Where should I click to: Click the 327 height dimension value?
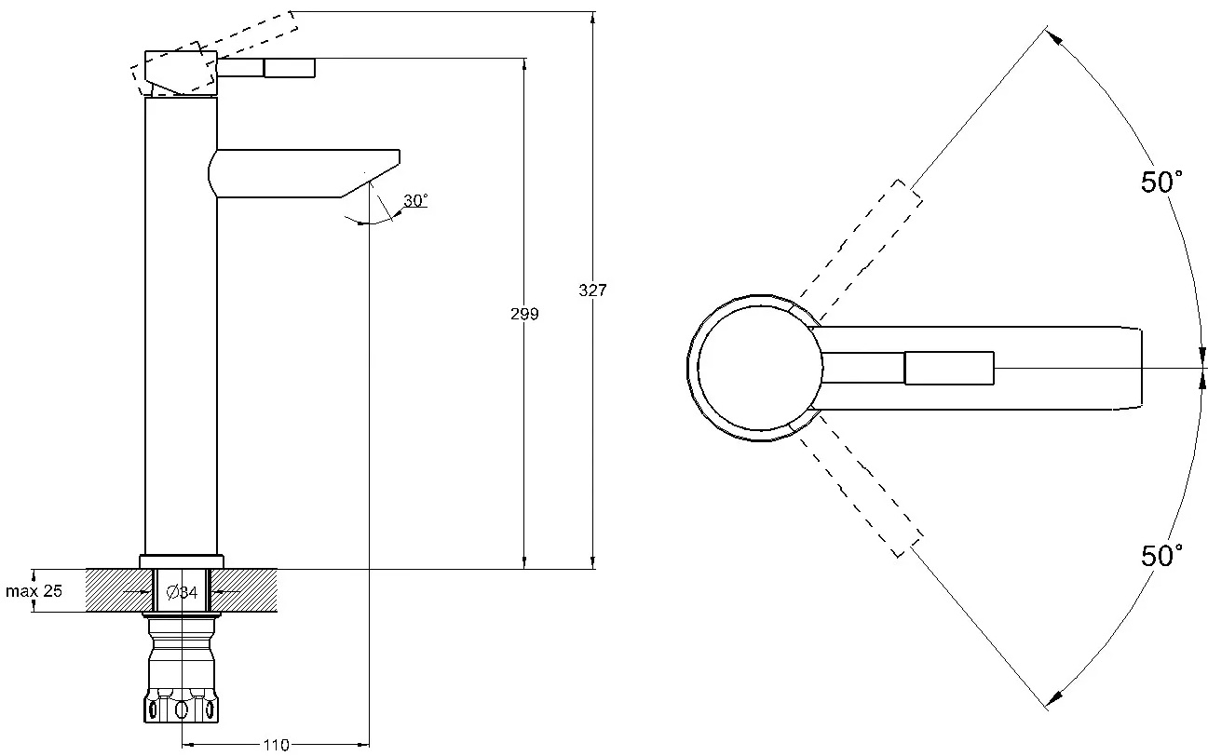(592, 290)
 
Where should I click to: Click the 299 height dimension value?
(524, 314)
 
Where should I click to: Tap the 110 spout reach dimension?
(276, 745)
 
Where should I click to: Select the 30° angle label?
(415, 200)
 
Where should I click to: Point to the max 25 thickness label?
(34, 591)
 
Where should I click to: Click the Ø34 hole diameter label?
(183, 592)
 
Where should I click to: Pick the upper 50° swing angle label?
(1161, 182)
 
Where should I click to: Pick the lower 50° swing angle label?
(1161, 555)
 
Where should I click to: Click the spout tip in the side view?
(400, 156)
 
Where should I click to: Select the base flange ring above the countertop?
(182, 561)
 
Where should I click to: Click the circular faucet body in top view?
(760, 369)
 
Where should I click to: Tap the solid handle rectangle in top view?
(949, 369)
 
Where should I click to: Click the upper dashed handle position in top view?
(860, 250)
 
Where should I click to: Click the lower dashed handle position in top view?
(860, 484)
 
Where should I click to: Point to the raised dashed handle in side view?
(214, 53)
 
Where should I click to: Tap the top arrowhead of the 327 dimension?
(593, 17)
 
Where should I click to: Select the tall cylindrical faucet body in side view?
(182, 326)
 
